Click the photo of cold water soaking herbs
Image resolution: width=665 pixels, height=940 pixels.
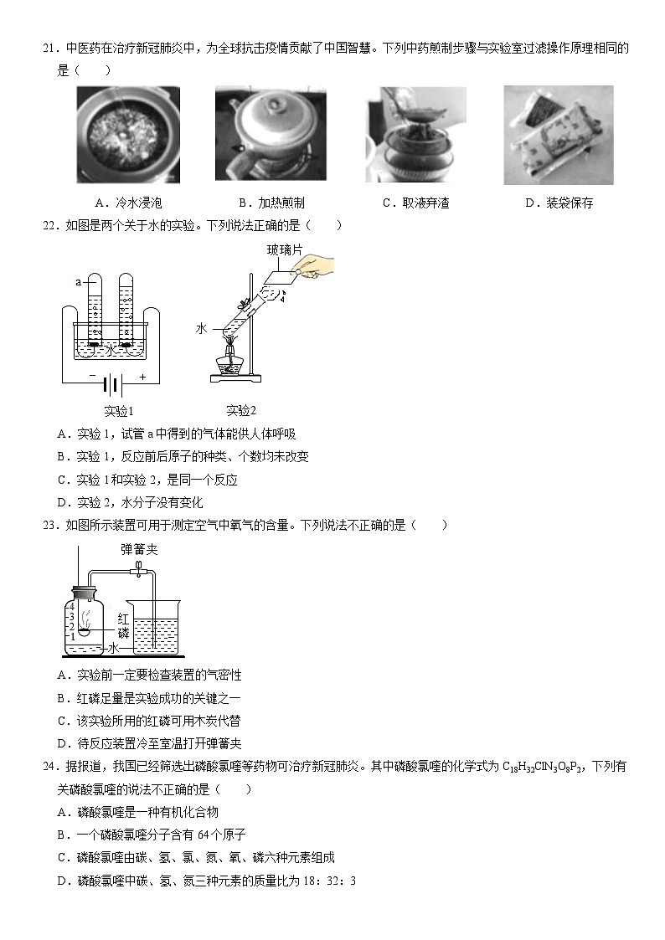(x=128, y=135)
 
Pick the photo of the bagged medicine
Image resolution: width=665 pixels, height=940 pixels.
(x=558, y=135)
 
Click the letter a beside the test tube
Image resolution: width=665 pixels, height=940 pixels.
(x=78, y=282)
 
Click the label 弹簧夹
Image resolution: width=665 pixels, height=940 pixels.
(x=139, y=550)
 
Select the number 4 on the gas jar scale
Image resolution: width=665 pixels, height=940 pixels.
(x=74, y=605)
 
